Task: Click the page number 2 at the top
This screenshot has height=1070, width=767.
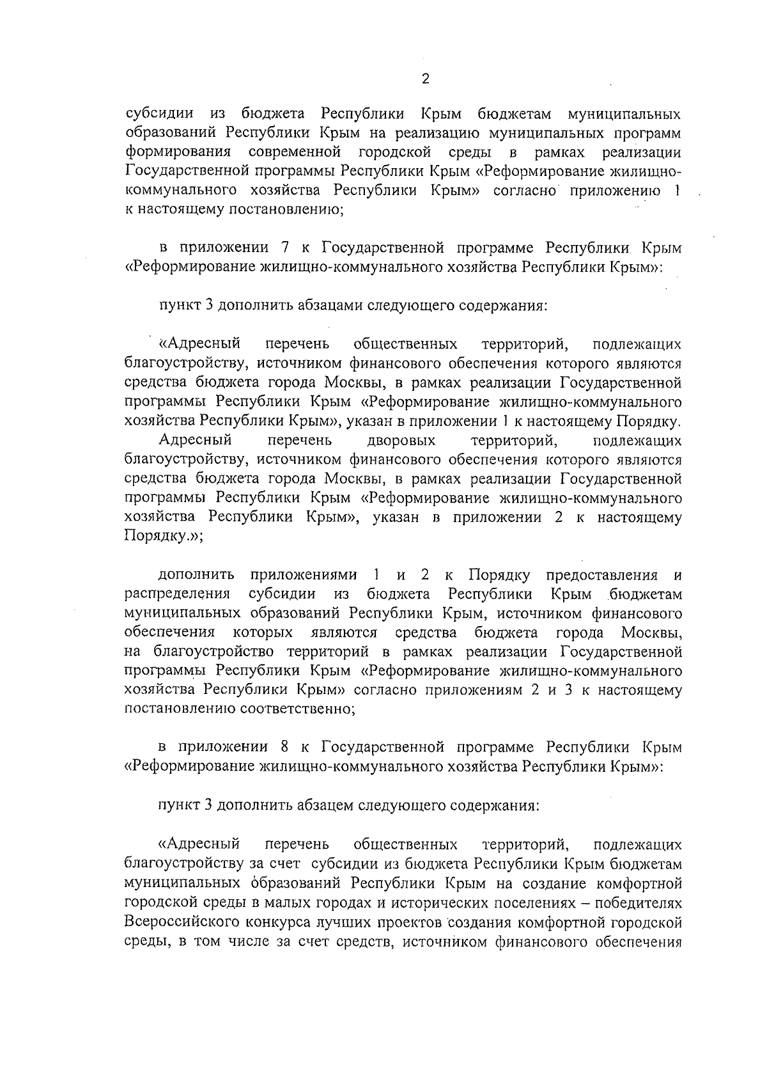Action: pyautogui.click(x=426, y=79)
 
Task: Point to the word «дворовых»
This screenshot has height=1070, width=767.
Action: pyautogui.click(x=401, y=441)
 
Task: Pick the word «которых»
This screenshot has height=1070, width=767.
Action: pyautogui.click(x=263, y=633)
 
